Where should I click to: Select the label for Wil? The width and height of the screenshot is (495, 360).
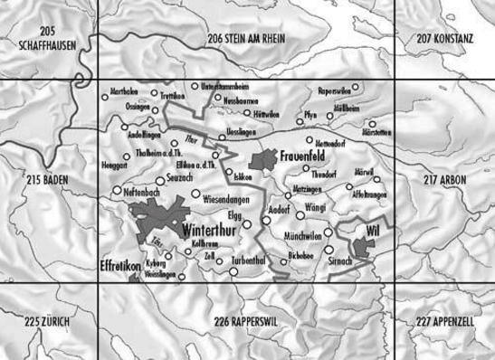[x=367, y=232]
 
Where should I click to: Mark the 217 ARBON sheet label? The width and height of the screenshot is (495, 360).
[x=445, y=180]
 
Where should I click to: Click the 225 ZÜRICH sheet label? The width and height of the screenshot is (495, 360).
[x=47, y=322]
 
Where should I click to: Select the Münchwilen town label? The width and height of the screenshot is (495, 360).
[x=303, y=233]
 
